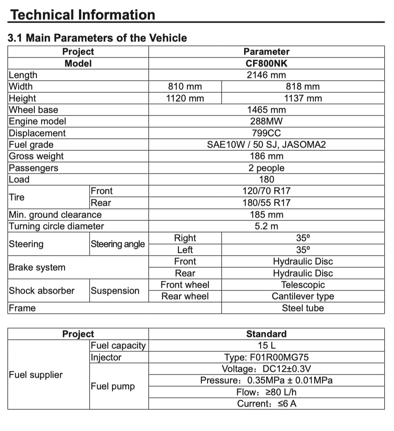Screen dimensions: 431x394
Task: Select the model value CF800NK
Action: tap(266, 64)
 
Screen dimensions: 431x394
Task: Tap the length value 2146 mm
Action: tap(266, 75)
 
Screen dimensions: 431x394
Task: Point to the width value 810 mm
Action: tap(185, 87)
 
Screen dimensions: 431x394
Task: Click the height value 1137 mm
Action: tap(303, 99)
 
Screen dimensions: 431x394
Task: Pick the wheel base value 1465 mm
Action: tap(266, 110)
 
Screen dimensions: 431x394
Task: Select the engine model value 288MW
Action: tap(266, 121)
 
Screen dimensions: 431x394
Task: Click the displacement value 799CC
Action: tap(266, 133)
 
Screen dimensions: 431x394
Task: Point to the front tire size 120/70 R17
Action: tap(266, 191)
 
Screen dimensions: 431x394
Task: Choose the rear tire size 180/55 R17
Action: tap(266, 203)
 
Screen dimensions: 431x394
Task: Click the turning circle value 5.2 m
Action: tap(266, 226)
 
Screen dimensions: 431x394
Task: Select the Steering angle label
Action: tap(118, 244)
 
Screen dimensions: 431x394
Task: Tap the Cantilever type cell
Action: tap(303, 296)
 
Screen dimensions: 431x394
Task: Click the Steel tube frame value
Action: tap(303, 308)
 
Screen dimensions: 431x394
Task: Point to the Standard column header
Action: tap(266, 334)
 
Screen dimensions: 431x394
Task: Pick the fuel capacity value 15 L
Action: tap(266, 345)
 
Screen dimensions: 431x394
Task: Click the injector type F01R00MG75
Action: tap(266, 357)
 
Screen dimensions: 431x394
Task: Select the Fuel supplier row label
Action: tap(36, 375)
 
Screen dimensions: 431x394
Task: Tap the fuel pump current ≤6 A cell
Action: tap(266, 403)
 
